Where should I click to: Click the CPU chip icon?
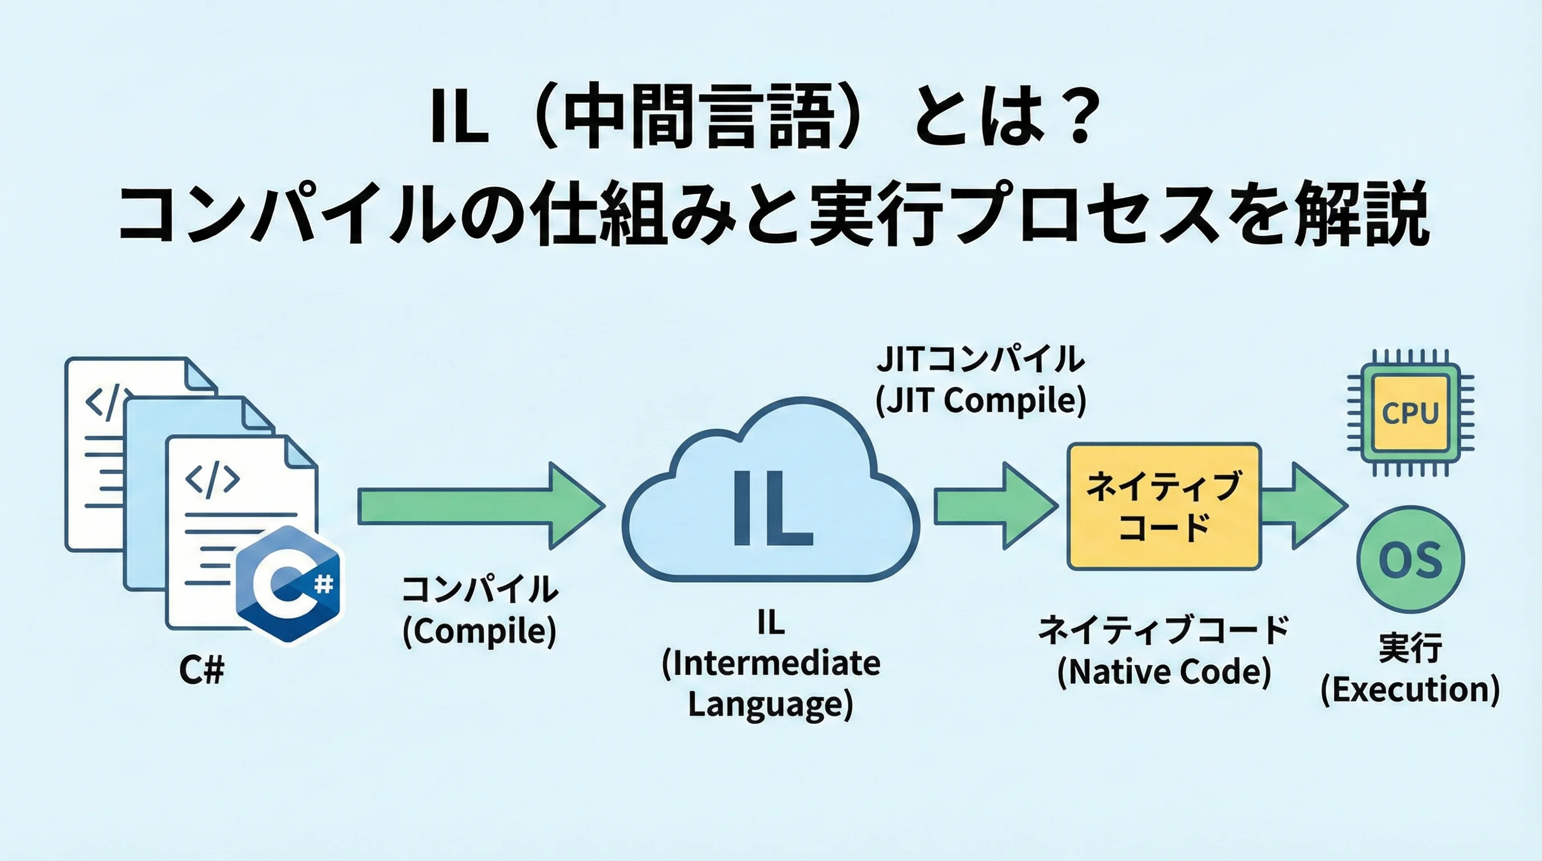pos(1410,413)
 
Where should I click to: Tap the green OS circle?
pos(1410,560)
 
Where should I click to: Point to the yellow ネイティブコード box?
pos(1164,507)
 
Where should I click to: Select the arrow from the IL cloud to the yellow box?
pos(993,507)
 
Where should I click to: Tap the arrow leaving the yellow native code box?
pos(1305,507)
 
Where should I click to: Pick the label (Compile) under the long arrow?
pos(480,631)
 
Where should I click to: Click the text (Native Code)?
pos(1164,672)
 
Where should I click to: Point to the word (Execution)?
pos(1410,690)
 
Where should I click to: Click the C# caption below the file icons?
pos(202,670)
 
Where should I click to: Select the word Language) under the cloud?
pos(770,704)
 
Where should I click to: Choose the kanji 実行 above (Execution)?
pos(1410,648)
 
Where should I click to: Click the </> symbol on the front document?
pos(212,479)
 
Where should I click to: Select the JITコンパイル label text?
pos(981,359)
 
